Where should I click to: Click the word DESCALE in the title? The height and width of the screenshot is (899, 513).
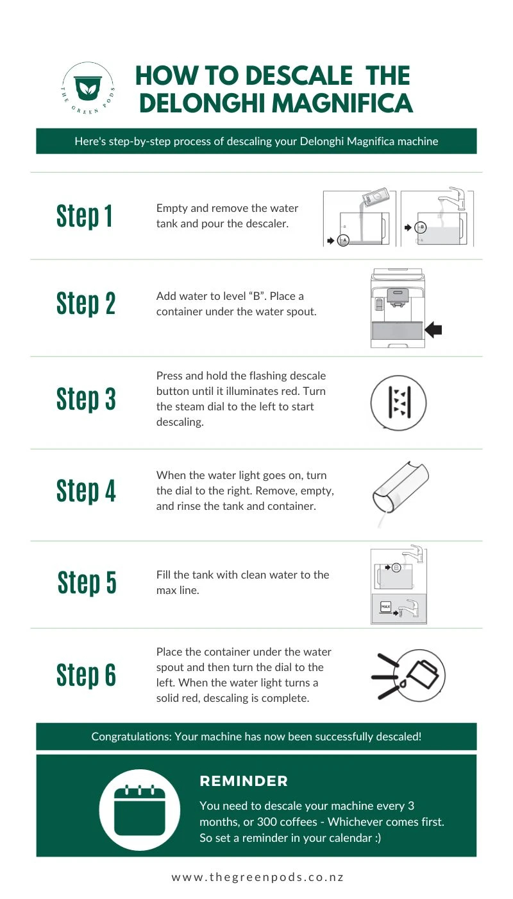click(x=299, y=76)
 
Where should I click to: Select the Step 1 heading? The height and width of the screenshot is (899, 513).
click(x=85, y=216)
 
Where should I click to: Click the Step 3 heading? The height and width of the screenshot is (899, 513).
click(x=86, y=399)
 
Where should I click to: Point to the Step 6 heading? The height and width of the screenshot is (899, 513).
click(x=86, y=675)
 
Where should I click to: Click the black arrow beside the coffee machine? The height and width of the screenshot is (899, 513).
click(x=434, y=330)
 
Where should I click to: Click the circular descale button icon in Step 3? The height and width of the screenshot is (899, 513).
click(x=398, y=403)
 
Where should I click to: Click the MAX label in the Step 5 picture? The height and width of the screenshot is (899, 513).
click(x=385, y=606)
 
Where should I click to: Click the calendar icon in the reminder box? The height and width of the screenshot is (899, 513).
click(x=139, y=808)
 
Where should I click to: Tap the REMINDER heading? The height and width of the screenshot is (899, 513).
click(x=244, y=781)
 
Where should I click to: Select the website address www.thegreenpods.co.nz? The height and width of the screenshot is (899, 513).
click(x=258, y=877)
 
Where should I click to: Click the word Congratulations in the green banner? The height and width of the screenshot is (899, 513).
click(x=130, y=737)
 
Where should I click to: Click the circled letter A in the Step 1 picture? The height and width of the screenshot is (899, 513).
click(x=343, y=240)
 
